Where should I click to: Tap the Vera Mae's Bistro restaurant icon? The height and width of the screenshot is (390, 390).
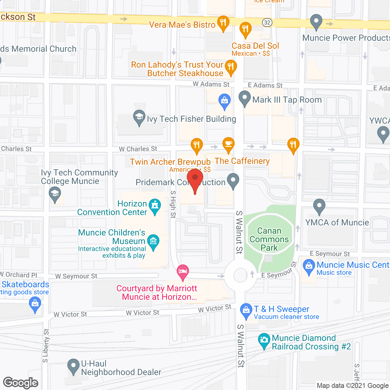[x=223, y=23]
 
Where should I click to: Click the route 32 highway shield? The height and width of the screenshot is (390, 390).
[x=267, y=23]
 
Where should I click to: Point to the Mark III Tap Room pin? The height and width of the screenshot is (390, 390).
[x=244, y=98]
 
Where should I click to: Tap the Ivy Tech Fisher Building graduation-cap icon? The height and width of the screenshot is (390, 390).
[x=139, y=117]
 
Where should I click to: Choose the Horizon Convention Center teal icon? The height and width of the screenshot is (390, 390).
[x=155, y=206]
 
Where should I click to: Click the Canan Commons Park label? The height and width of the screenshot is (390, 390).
[x=269, y=239]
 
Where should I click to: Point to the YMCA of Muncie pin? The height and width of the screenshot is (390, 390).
[x=319, y=206]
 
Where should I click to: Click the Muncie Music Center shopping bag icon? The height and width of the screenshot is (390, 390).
[x=309, y=266]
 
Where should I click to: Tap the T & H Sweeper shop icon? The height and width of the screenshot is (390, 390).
[x=246, y=310]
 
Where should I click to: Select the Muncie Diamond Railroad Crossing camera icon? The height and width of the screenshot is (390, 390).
[x=264, y=340]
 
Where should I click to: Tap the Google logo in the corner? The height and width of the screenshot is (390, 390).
[x=21, y=383]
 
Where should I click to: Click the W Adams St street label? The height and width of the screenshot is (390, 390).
[x=211, y=84]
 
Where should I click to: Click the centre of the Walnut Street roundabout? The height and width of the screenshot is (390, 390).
[x=240, y=276]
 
